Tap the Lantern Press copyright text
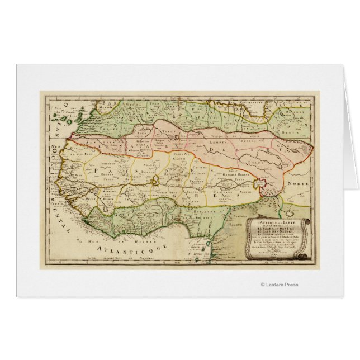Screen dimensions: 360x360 click(280, 285)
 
